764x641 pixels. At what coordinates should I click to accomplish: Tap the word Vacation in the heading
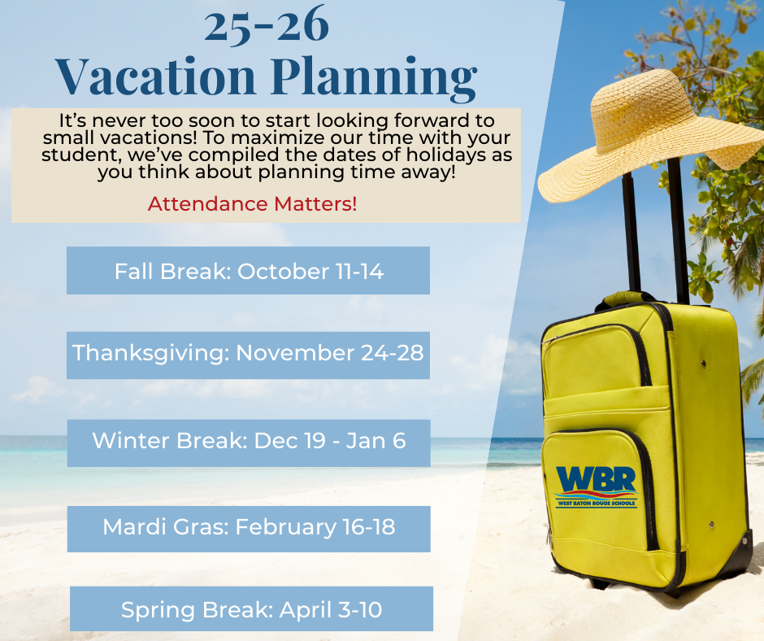(155, 76)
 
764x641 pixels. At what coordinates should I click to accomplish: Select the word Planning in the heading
(374, 78)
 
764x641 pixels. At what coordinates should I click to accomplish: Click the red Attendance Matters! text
(253, 204)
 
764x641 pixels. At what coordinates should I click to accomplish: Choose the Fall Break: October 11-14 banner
(248, 270)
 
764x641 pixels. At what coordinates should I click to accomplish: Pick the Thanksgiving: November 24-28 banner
(248, 355)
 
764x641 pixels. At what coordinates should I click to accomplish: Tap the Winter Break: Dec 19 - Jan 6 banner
(249, 443)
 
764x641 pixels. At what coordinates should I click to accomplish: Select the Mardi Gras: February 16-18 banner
(249, 529)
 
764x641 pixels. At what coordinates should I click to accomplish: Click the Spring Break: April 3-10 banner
(251, 608)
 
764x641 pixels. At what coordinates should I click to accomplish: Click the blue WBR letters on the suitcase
(597, 480)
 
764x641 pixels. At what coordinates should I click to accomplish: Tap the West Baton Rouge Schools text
(597, 503)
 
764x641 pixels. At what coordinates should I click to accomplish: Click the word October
(283, 271)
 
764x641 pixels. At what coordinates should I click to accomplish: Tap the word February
(285, 528)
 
